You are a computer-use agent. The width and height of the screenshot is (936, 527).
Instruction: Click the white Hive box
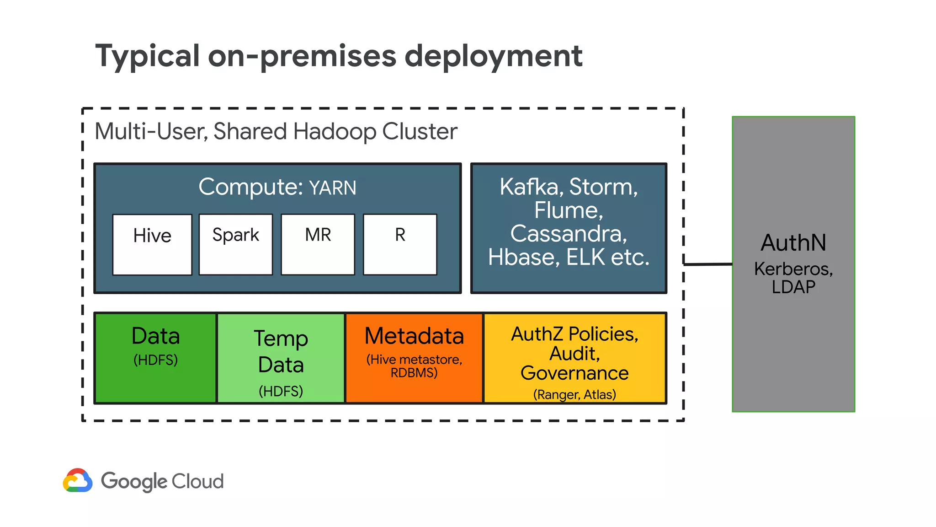click(x=152, y=245)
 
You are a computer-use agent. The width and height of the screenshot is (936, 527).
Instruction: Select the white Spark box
click(x=236, y=245)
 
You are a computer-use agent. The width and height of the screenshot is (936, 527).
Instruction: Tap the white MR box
click(x=318, y=245)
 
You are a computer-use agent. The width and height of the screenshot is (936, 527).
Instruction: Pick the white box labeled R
click(x=400, y=245)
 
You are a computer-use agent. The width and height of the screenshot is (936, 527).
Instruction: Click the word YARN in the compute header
click(x=332, y=188)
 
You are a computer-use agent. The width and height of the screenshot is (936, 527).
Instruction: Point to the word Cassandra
click(x=568, y=234)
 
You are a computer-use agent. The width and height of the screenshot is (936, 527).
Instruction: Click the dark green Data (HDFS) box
click(x=155, y=358)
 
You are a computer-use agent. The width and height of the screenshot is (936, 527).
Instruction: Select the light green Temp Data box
click(x=281, y=358)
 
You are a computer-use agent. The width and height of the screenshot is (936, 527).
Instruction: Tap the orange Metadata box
click(x=414, y=358)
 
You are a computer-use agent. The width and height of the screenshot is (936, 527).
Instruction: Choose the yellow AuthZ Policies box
click(x=574, y=358)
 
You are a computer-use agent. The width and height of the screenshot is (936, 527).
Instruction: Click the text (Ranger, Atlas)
click(x=574, y=394)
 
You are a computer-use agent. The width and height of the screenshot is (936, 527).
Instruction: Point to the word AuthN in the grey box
click(x=793, y=242)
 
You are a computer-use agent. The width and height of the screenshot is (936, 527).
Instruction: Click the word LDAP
click(x=793, y=287)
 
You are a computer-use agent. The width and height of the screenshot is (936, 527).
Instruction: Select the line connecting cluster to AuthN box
click(x=708, y=264)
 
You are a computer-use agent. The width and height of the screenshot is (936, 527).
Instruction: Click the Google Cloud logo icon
click(x=78, y=480)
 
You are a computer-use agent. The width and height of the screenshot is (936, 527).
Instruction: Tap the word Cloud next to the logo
click(x=198, y=481)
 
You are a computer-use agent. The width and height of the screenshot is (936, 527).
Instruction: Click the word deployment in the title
click(x=494, y=56)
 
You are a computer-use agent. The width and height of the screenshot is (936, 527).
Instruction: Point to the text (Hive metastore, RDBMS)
click(x=414, y=366)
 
